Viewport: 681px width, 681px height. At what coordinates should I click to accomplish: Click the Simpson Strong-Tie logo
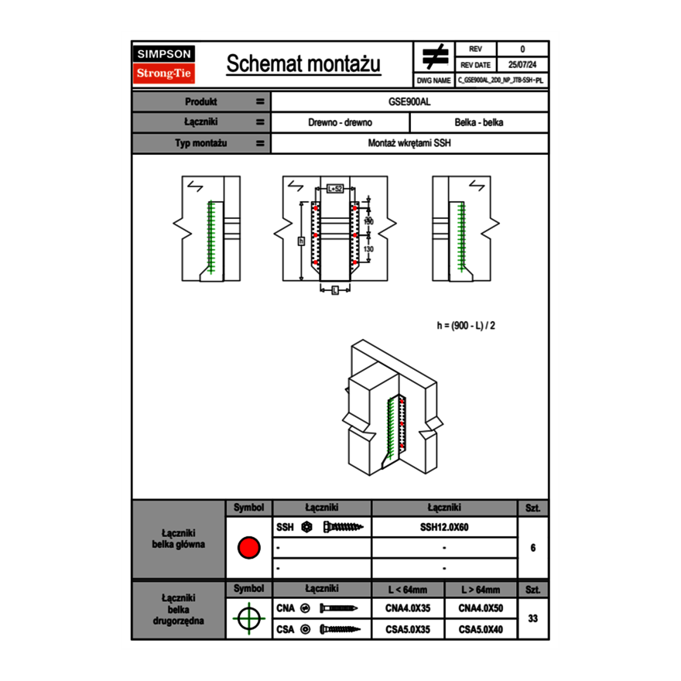[164, 64]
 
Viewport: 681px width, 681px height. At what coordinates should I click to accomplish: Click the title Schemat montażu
[303, 64]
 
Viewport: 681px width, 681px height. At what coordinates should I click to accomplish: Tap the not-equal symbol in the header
[435, 56]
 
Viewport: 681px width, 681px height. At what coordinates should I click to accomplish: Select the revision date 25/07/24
[522, 65]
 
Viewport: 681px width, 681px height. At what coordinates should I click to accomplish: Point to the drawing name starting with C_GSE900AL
[501, 80]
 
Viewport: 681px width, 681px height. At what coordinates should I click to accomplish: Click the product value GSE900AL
[410, 101]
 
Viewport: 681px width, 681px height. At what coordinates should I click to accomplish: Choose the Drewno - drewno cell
[340, 122]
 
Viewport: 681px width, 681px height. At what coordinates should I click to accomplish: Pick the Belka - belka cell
[479, 122]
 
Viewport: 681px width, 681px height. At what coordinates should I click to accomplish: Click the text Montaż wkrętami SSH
[410, 143]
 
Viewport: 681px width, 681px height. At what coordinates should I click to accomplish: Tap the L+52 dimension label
[334, 188]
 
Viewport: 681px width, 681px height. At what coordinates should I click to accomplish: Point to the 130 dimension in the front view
[368, 249]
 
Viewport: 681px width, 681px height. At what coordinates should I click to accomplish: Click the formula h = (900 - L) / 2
[465, 325]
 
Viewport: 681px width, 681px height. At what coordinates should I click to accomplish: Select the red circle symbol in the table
[248, 548]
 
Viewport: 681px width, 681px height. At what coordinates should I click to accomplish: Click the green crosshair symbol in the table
[248, 618]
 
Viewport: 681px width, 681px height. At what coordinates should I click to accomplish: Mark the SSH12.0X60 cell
[444, 527]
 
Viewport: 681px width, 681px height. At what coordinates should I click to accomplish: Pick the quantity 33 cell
[532, 618]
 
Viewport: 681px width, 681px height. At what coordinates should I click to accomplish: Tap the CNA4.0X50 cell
[481, 608]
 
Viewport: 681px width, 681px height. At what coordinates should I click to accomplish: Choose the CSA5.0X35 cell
[408, 629]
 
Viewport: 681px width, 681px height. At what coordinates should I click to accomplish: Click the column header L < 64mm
[408, 590]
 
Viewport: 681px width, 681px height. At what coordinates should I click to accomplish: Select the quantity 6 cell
[532, 548]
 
